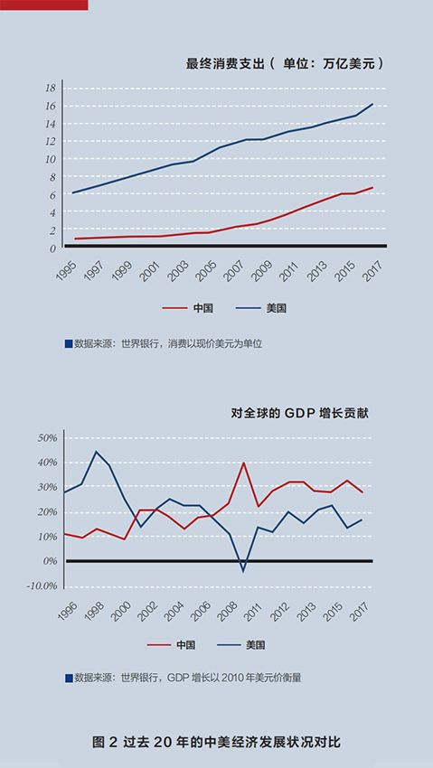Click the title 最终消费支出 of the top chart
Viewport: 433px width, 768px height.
225,64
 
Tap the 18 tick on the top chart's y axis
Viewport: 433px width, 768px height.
51,89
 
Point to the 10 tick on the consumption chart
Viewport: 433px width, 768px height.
51,159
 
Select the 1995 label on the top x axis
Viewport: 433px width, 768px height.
67,271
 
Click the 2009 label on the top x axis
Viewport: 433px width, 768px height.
262,271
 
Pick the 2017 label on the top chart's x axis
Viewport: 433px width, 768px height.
374,271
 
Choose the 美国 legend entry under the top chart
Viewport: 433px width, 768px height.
260,309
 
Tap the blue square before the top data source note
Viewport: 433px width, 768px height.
69,344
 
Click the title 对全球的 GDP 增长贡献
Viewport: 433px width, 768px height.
300,414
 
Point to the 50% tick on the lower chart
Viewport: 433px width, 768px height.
48,438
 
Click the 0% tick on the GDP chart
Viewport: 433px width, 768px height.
51,561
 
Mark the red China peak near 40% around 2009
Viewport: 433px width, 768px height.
243,463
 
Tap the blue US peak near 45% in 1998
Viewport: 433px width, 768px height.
96,452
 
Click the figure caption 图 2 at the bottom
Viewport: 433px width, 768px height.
105,742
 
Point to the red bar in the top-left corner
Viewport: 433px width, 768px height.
44,5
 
